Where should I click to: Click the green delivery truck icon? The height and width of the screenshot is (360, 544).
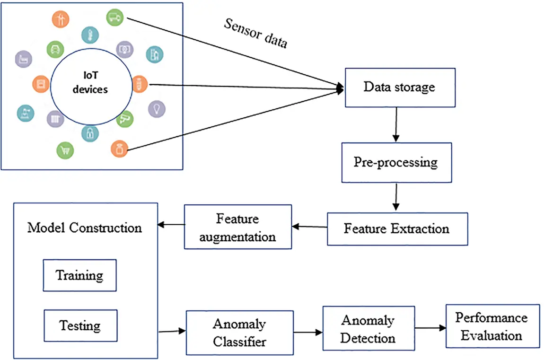point(114,18)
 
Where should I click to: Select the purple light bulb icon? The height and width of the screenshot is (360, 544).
point(157,109)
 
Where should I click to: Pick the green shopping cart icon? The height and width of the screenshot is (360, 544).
point(65,150)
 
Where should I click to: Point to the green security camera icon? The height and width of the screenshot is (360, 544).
point(125,118)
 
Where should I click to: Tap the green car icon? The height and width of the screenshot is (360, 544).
point(55,49)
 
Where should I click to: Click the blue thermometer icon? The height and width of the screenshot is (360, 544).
point(89,34)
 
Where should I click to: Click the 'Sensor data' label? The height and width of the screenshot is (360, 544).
point(255,34)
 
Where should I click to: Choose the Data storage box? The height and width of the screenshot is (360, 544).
point(400,88)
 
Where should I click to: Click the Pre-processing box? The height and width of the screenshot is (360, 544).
point(395,162)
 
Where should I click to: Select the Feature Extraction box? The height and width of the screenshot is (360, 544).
point(396,228)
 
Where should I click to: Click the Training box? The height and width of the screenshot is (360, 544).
point(79,275)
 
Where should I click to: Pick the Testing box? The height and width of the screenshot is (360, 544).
point(80,325)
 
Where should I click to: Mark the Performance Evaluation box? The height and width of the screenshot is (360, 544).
point(492,326)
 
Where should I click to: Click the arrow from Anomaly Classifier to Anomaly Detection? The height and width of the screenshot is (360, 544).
point(307,333)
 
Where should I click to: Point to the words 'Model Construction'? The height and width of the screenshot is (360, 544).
point(85,228)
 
